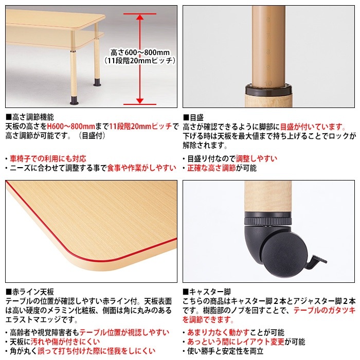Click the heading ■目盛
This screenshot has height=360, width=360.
(x=194, y=117)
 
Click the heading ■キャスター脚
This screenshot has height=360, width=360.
(x=207, y=292)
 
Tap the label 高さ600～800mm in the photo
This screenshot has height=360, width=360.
(x=139, y=51)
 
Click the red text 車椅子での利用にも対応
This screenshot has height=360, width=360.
(x=48, y=158)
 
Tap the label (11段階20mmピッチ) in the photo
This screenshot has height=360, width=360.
(x=139, y=61)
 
